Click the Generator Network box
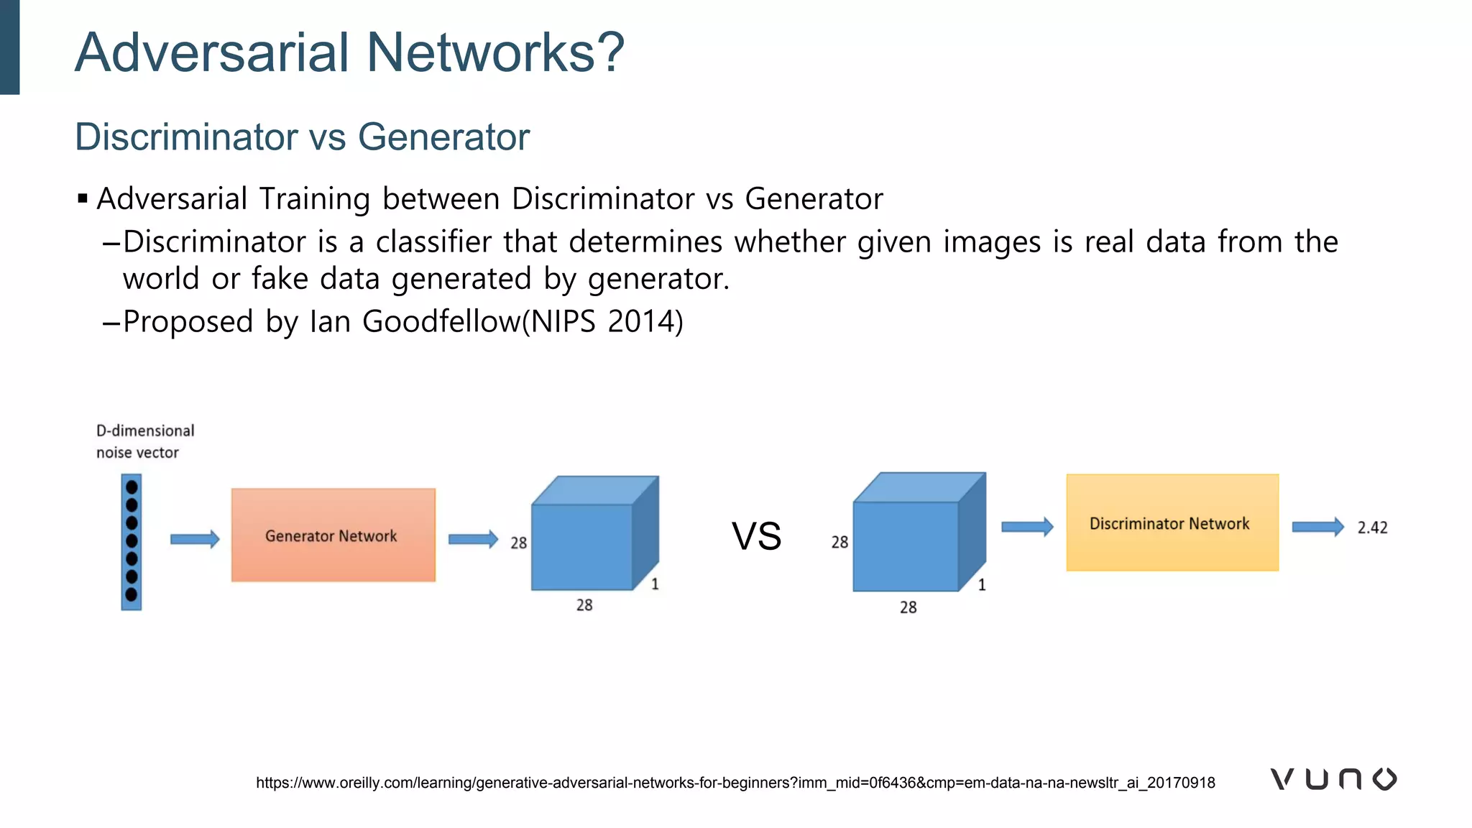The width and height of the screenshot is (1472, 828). click(x=333, y=535)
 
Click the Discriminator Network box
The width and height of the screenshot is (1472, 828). click(x=1172, y=523)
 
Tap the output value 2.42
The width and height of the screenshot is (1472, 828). click(x=1372, y=528)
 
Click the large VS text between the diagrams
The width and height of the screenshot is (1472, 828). click(x=756, y=536)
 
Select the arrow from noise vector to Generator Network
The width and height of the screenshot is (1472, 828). click(x=194, y=539)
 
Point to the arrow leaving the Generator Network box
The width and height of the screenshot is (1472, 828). click(x=473, y=539)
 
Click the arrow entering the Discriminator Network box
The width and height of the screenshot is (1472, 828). click(x=1027, y=527)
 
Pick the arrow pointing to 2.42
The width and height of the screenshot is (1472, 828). click(x=1317, y=527)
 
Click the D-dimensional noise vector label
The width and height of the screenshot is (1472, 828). click(x=145, y=441)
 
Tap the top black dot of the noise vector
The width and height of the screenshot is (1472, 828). click(x=132, y=487)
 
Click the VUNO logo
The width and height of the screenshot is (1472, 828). click(x=1333, y=779)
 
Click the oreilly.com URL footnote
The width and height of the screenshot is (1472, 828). click(x=735, y=783)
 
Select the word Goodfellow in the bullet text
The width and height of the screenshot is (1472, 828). click(x=441, y=321)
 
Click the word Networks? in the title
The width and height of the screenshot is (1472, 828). click(x=495, y=52)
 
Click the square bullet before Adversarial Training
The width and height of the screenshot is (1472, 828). click(x=83, y=198)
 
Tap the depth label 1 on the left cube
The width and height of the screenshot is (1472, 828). click(x=655, y=584)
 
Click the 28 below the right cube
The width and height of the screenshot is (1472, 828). click(x=908, y=607)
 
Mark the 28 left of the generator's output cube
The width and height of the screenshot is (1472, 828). click(x=518, y=543)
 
